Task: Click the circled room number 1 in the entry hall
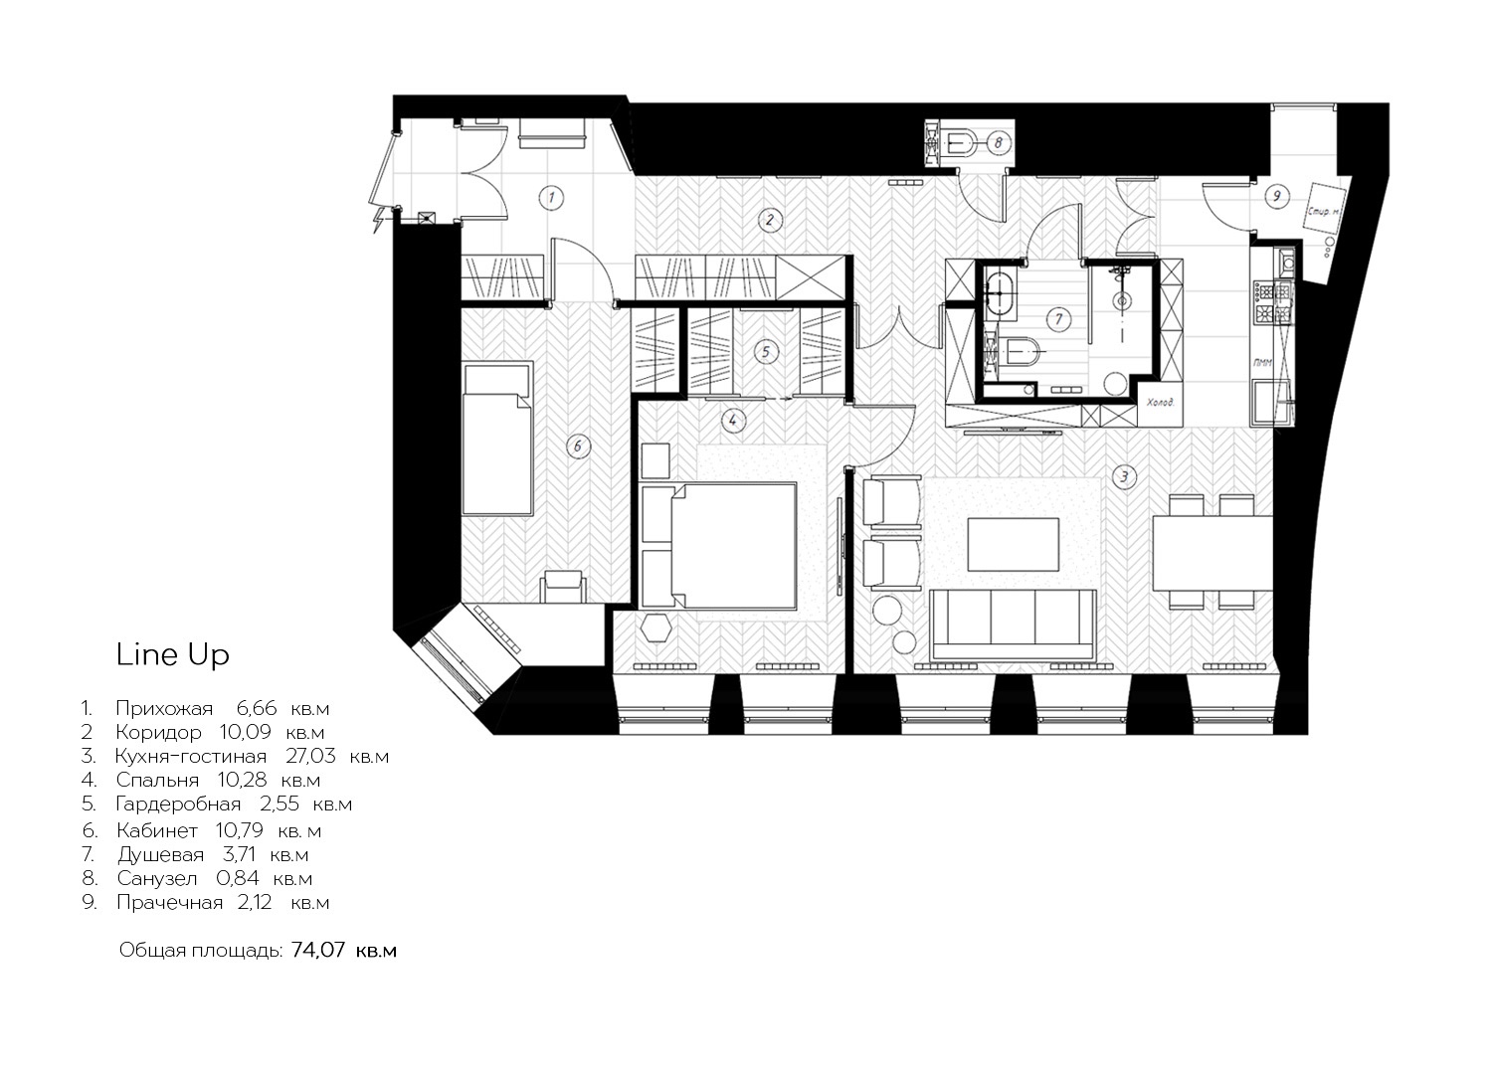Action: coord(552,197)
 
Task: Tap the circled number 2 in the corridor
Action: coord(769,220)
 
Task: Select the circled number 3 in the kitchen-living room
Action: coord(1124,476)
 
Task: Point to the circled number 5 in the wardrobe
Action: coord(765,352)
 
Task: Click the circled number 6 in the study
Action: coord(578,447)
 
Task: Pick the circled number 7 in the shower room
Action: coord(1058,319)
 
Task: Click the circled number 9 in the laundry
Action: coord(1277,196)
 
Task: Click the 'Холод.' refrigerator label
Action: coord(1160,402)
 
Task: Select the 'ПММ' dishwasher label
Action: coord(1261,363)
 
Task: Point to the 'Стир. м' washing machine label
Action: coord(1323,212)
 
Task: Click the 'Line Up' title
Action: coord(172,654)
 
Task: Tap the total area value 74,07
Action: coord(318,950)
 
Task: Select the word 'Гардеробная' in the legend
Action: coord(178,805)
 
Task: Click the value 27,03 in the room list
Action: coord(310,757)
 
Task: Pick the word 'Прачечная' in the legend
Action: coord(170,903)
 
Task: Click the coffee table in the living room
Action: coord(1014,544)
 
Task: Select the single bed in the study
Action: coord(497,439)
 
